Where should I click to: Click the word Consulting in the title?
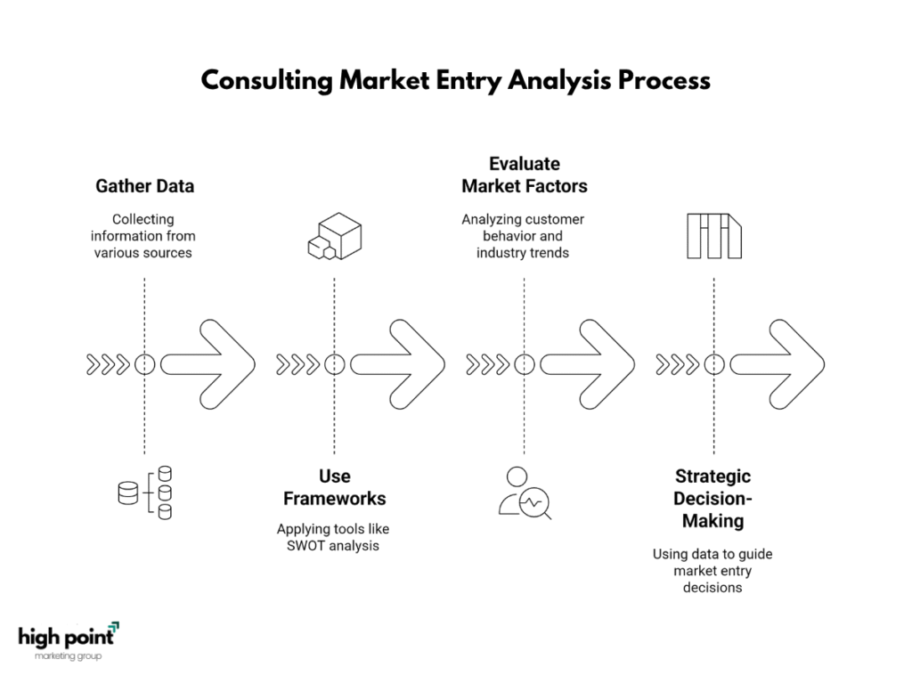[x=266, y=81]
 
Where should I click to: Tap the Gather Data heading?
[x=145, y=186]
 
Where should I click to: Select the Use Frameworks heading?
[x=335, y=487]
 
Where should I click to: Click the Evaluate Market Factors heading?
[x=525, y=175]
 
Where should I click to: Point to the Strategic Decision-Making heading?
[x=713, y=499]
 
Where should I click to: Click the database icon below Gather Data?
[x=145, y=493]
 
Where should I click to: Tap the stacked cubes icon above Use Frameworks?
[x=335, y=236]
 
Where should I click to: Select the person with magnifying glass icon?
[x=525, y=493]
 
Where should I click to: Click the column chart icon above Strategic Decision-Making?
[x=714, y=236]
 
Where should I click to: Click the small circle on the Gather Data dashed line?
[x=145, y=355]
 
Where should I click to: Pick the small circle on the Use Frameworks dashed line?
[x=335, y=355]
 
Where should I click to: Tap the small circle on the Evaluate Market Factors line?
[x=525, y=355]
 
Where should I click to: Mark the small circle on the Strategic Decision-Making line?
[x=714, y=355]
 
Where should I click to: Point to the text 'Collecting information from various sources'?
[x=143, y=236]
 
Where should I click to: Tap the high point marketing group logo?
[x=69, y=641]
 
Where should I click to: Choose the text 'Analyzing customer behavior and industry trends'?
[x=523, y=236]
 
